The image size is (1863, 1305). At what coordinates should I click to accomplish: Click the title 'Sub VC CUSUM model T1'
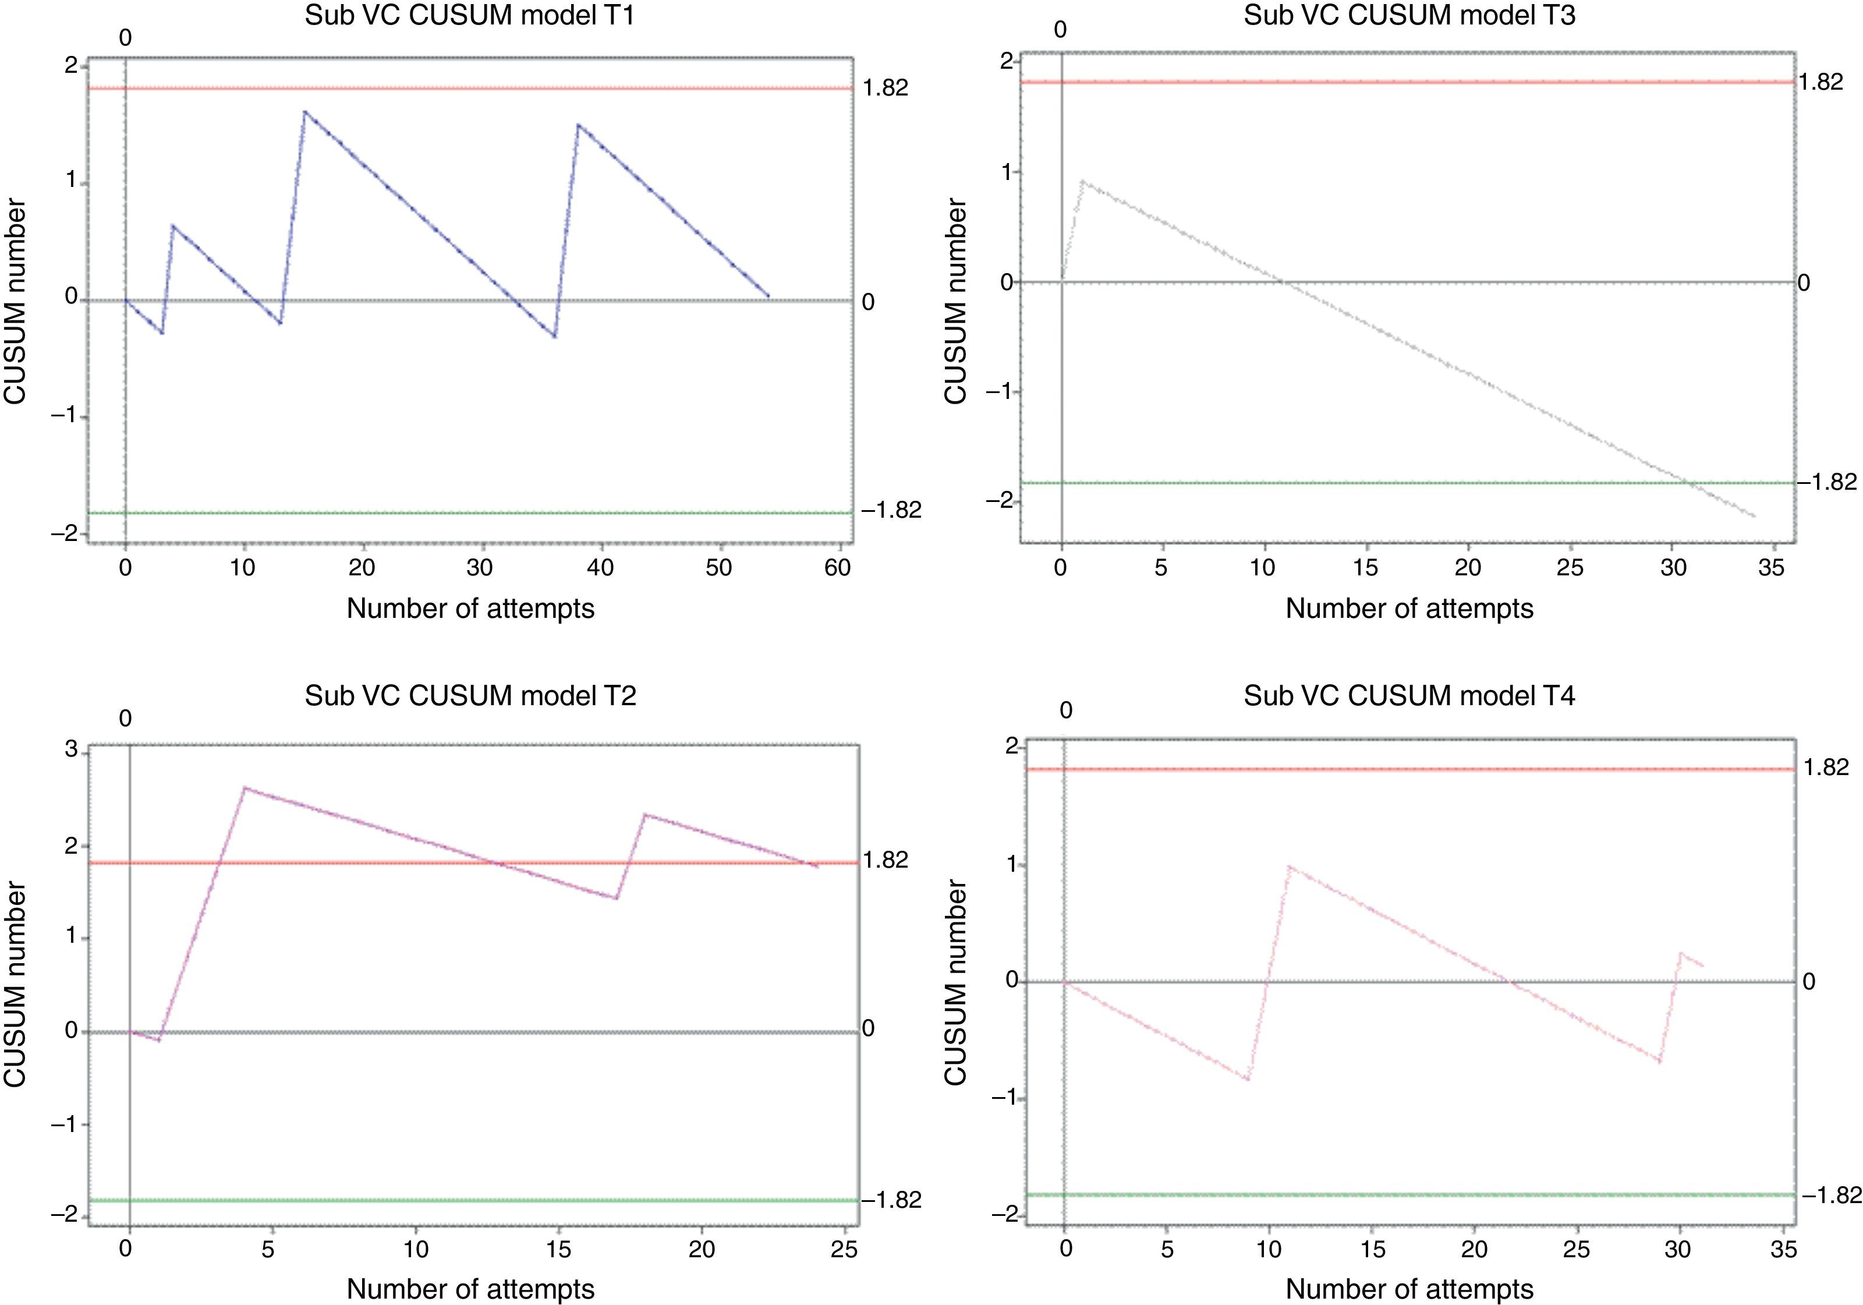470,16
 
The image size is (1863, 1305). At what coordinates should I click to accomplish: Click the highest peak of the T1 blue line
304,111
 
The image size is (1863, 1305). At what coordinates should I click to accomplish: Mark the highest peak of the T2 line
245,787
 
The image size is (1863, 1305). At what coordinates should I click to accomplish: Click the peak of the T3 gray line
1082,182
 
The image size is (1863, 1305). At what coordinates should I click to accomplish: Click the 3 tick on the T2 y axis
72,750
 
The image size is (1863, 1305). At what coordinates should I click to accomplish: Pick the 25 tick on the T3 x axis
1569,567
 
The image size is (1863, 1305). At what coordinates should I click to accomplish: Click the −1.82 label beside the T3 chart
1826,482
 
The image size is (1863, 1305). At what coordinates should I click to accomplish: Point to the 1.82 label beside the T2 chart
886,860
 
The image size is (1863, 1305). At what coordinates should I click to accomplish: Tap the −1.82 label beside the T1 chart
891,510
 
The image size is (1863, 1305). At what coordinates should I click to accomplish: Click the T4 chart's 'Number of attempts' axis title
1409,1289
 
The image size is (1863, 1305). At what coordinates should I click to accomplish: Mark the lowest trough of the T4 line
1247,1080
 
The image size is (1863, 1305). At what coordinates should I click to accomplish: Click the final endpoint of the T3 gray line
1754,516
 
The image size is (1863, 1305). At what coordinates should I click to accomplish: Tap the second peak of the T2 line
644,814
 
